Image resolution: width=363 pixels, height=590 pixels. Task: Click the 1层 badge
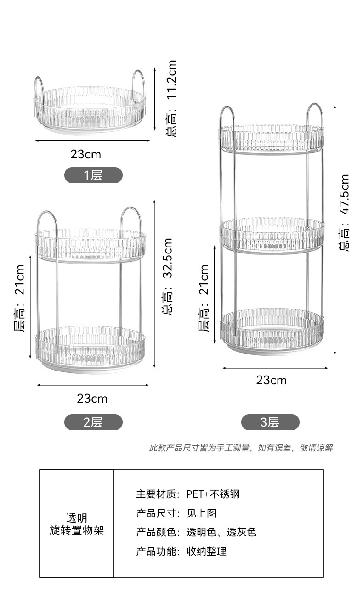click(x=93, y=175)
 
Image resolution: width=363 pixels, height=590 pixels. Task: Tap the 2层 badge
click(x=93, y=422)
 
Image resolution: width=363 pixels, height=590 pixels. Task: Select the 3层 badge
click(x=270, y=422)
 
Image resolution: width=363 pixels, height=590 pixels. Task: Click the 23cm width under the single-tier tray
click(x=86, y=154)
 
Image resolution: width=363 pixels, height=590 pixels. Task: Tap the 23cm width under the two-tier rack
click(x=92, y=399)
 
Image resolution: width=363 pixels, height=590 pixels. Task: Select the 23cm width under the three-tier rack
click(x=272, y=380)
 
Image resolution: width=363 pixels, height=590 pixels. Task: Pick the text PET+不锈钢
click(x=213, y=494)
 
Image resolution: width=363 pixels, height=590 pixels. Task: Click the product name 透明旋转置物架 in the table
click(x=77, y=524)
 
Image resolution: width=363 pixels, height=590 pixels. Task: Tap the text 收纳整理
click(x=206, y=551)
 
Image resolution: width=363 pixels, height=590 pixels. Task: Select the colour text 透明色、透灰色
click(x=221, y=532)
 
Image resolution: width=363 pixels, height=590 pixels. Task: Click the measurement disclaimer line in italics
click(x=241, y=448)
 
